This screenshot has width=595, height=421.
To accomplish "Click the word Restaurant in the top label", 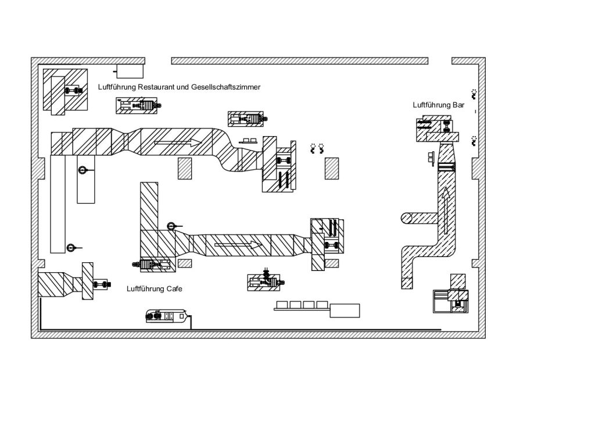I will [x=153, y=87].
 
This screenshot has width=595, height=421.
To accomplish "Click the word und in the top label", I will [x=182, y=87].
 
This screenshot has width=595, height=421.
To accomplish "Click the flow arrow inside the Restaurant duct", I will [x=178, y=142].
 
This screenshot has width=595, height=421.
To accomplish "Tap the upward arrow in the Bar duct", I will [x=445, y=210].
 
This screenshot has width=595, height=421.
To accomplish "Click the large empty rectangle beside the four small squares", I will [x=345, y=310].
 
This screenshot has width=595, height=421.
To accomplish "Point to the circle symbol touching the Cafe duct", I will [x=171, y=226].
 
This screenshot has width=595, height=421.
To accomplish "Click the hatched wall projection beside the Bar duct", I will [x=475, y=169].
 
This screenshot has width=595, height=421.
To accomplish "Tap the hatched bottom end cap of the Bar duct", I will [x=407, y=284].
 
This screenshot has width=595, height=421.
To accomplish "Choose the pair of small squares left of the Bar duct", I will [x=431, y=157].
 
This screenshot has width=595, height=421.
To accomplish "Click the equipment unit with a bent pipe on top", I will [x=264, y=282].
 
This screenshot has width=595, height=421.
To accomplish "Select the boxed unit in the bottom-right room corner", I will [x=453, y=298].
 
